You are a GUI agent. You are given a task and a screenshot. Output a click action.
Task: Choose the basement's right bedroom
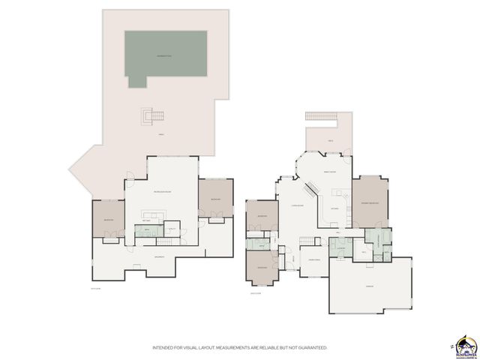(x=215, y=198)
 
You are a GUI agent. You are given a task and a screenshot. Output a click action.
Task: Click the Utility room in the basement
(x=172, y=229)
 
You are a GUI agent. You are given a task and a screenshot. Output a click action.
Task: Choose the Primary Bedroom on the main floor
(x=370, y=202)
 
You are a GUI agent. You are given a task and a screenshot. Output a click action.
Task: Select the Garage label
(x=369, y=286)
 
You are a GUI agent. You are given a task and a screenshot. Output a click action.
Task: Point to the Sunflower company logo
(x=465, y=344)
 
